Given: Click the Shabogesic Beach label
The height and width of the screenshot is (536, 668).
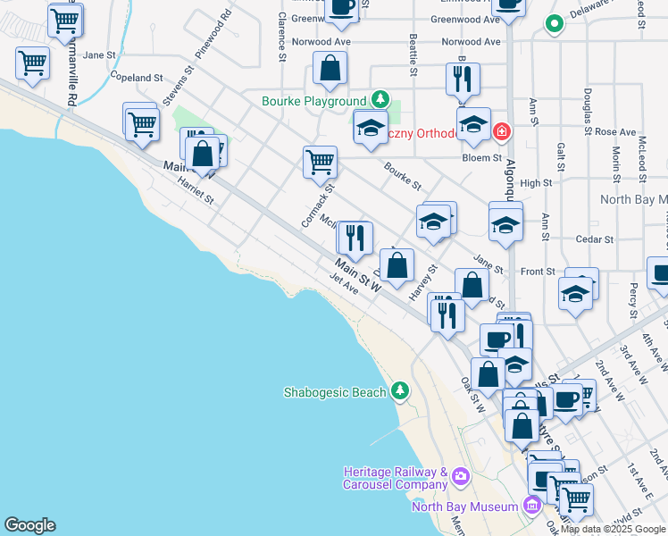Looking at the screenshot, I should [x=335, y=392].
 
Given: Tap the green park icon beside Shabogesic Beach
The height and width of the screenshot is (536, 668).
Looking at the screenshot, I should [x=401, y=391].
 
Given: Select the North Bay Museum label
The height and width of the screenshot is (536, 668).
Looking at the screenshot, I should [x=464, y=507].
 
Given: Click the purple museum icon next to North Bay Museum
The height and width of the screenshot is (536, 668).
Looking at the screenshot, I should [x=532, y=507].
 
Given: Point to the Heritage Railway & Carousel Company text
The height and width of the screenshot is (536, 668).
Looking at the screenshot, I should [x=396, y=478].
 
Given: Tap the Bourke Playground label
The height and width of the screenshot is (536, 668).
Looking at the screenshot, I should [x=313, y=102].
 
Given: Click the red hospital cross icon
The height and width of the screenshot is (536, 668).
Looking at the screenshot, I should [x=501, y=132].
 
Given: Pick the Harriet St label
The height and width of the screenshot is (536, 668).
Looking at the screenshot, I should [x=196, y=189].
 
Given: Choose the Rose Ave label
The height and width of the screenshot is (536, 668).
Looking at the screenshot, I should [x=614, y=132].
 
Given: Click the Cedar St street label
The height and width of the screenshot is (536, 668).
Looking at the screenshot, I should [x=595, y=239].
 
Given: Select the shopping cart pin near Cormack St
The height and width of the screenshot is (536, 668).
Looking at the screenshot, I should [x=320, y=163].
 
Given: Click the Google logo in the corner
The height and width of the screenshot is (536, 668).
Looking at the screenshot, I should [x=29, y=525].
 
